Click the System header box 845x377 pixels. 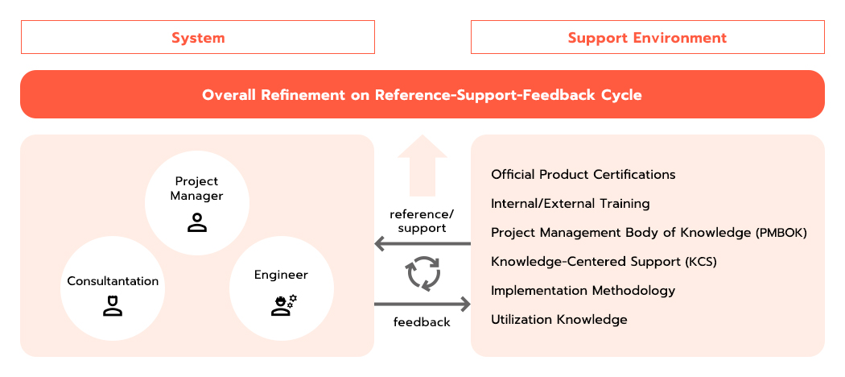pos(198,37)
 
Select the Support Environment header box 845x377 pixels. pos(647,37)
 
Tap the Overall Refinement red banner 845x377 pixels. pos(422,94)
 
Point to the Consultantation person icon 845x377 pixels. pos(113,305)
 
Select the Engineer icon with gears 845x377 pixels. pos(283,305)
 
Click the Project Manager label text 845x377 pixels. pos(196,188)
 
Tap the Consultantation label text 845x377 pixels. pos(113,281)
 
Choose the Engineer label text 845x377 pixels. pos(282,275)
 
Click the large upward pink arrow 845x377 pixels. pos(422,166)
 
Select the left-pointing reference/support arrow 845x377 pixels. pos(422,244)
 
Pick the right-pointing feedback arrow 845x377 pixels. pos(422,304)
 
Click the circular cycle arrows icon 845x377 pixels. pos(423,273)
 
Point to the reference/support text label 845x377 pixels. pos(422,222)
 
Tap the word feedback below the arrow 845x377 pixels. pos(422,322)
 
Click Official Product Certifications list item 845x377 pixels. pos(583,175)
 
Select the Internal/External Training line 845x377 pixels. pos(570,204)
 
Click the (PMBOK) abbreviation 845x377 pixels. pos(781,233)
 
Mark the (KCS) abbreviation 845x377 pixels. pos(701,262)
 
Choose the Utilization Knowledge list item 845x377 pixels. pos(559,319)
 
